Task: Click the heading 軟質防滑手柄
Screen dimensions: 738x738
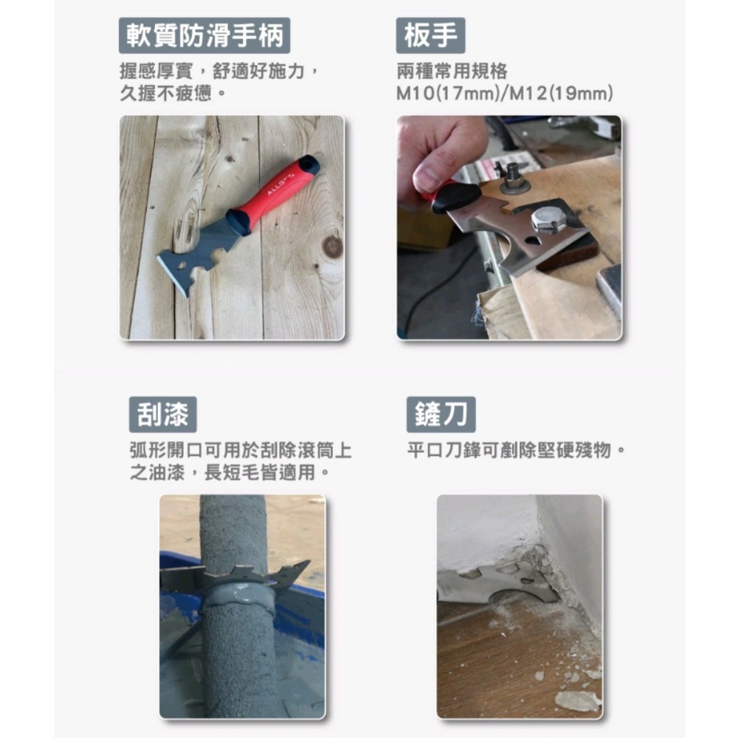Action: (204, 35)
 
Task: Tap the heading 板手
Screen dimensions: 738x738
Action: (430, 35)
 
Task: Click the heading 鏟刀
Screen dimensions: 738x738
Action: (441, 415)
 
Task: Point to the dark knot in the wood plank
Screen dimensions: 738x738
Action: (332, 246)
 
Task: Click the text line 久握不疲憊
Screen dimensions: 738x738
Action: (172, 94)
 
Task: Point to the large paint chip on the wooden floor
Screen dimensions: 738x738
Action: (577, 700)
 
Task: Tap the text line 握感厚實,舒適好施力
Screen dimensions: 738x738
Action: (219, 72)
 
